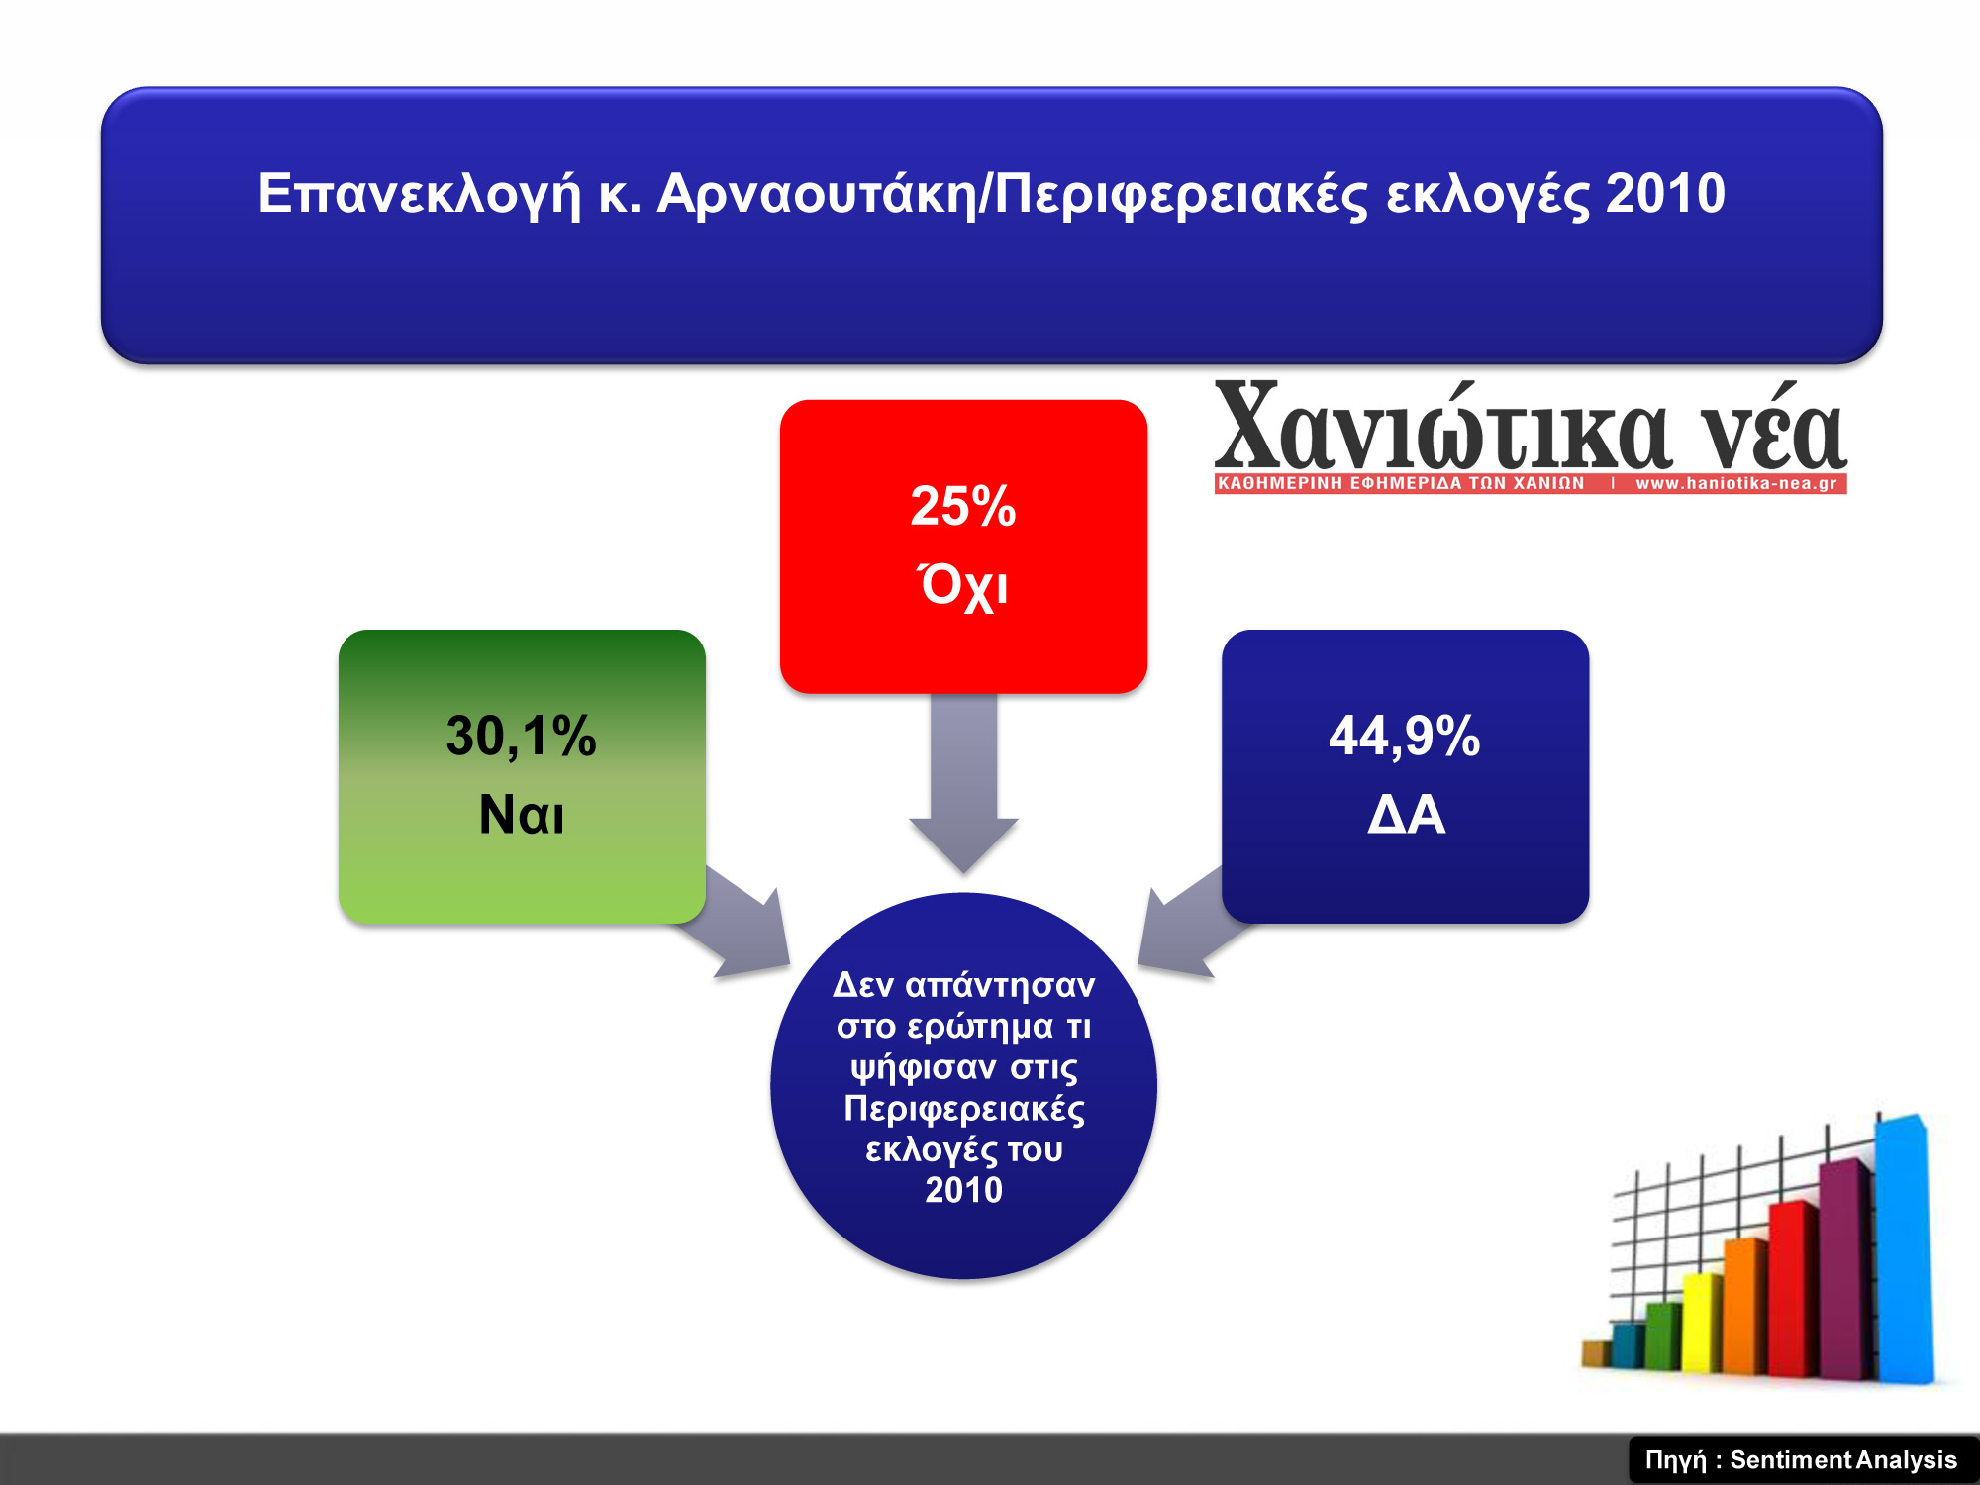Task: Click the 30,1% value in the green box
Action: [521, 738]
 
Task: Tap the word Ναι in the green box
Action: [522, 815]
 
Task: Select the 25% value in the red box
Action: [963, 506]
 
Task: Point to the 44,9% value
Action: [1405, 737]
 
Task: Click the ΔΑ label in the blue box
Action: [1406, 815]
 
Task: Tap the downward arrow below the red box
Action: [963, 783]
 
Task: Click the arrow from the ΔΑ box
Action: [1184, 923]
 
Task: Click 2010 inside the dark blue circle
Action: [963, 1189]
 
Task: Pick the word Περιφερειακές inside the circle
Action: [963, 1108]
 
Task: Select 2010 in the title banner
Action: [1665, 193]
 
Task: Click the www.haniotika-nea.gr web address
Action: [1736, 484]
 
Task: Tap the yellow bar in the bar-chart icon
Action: [1704, 1323]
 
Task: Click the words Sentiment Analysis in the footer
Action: [1843, 1460]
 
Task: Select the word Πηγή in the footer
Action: [1676, 1461]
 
